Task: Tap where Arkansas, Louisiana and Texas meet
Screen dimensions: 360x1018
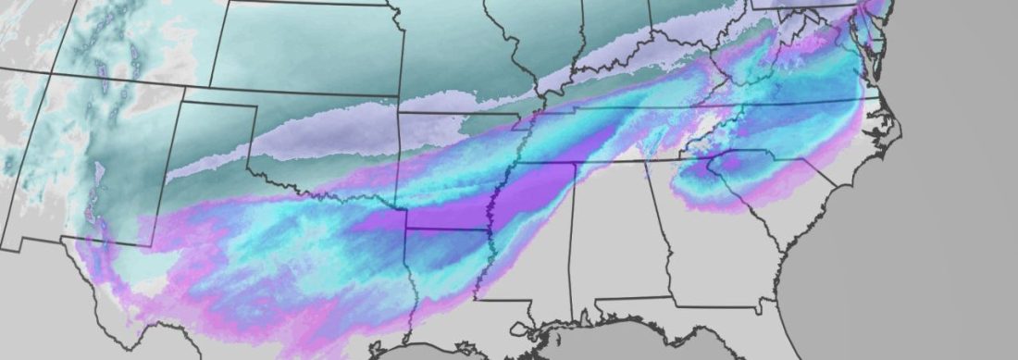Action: tap(409, 229)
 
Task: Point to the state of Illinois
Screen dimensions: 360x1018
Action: tap(546, 37)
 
